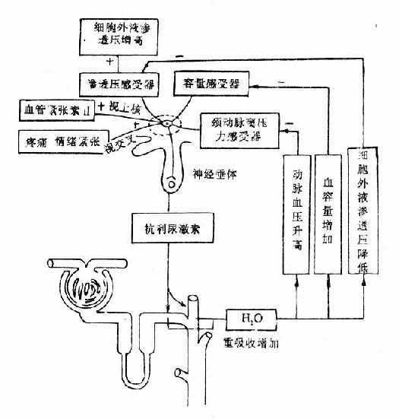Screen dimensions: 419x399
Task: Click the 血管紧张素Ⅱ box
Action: (x=59, y=112)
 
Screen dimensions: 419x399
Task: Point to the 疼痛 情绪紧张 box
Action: (x=59, y=140)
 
